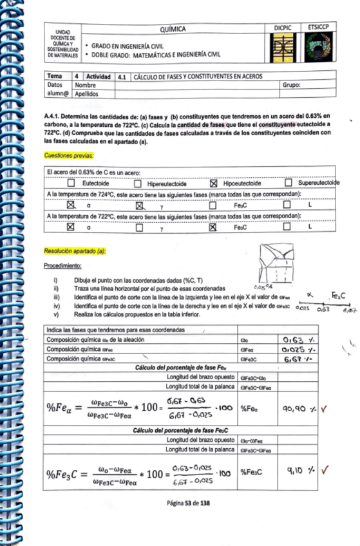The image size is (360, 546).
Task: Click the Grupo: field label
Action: tap(292, 84)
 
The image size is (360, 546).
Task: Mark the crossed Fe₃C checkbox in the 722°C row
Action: tap(213, 227)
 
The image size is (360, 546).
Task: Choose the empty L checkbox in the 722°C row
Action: tap(289, 227)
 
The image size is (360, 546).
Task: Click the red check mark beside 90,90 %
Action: tap(324, 408)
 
